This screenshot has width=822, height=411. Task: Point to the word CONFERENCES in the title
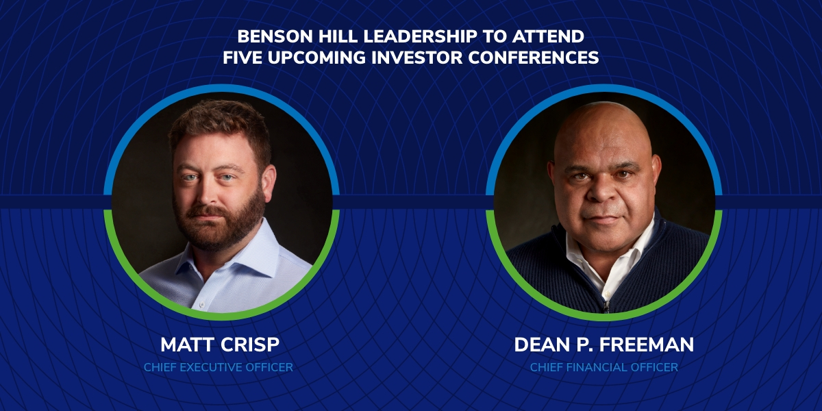tap(534, 58)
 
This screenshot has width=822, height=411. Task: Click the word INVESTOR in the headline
tap(417, 58)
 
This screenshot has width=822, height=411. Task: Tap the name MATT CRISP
tap(220, 345)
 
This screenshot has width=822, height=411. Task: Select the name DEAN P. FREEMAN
tap(604, 345)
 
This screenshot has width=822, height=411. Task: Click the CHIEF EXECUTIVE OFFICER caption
tap(219, 367)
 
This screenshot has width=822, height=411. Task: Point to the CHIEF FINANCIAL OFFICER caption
tap(604, 367)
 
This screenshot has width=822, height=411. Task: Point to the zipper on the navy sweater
tap(606, 306)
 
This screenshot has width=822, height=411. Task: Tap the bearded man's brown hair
tap(220, 121)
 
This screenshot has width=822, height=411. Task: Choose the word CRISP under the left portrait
tap(249, 345)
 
